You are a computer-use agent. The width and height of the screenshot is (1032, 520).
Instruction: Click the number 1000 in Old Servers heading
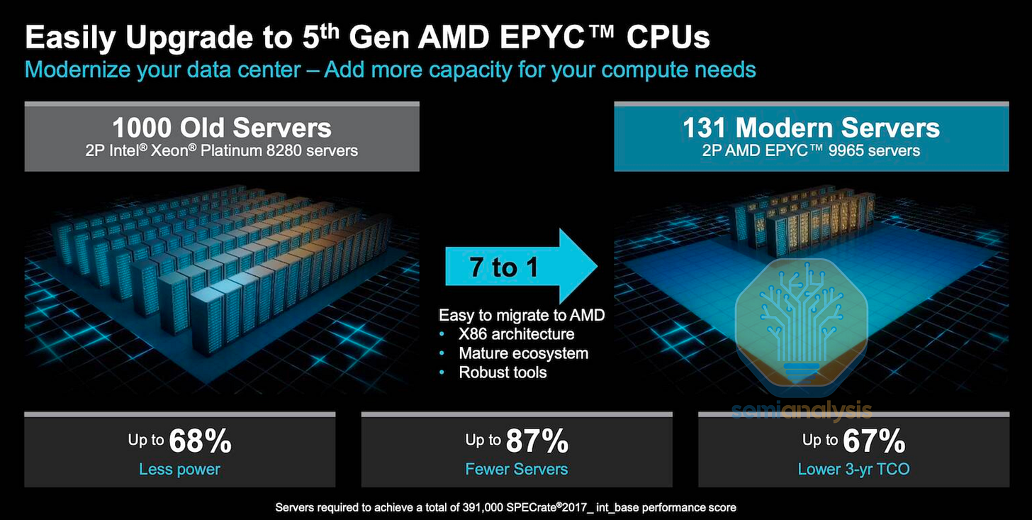click(x=142, y=128)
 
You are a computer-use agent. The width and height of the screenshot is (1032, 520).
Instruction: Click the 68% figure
click(x=201, y=441)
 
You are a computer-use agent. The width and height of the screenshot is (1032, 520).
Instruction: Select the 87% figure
click(x=537, y=441)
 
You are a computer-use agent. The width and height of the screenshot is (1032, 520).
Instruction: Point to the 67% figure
click(x=874, y=441)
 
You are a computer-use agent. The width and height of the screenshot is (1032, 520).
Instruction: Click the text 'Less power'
click(x=179, y=469)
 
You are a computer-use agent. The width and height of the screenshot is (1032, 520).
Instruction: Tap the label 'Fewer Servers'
click(x=516, y=469)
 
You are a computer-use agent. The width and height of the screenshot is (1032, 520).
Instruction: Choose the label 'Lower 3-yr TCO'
click(x=853, y=469)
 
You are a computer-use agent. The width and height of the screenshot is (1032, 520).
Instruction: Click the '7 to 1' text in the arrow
click(x=504, y=267)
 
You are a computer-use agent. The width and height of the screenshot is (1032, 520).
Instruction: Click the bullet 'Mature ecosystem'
click(x=523, y=353)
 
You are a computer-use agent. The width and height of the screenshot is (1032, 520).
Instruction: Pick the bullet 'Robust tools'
click(x=503, y=372)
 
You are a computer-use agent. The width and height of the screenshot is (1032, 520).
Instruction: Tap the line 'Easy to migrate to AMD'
click(x=522, y=315)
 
